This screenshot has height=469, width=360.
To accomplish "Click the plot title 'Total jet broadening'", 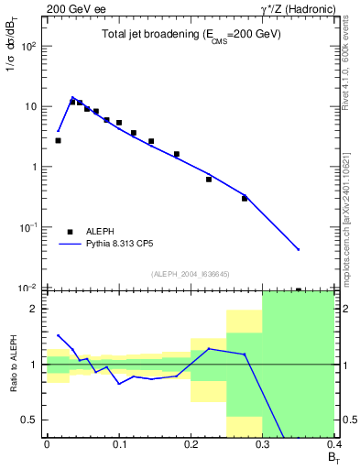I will pyautogui.click(x=191, y=34).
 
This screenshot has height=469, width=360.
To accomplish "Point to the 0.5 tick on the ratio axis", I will pyautogui.click(x=31, y=420).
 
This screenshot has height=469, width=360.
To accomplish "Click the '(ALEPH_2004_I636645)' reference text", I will pyautogui.click(x=191, y=274).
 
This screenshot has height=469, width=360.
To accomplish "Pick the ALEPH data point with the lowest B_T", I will pyautogui.click(x=58, y=140).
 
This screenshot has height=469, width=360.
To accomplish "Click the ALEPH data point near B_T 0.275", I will pyautogui.click(x=245, y=198).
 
